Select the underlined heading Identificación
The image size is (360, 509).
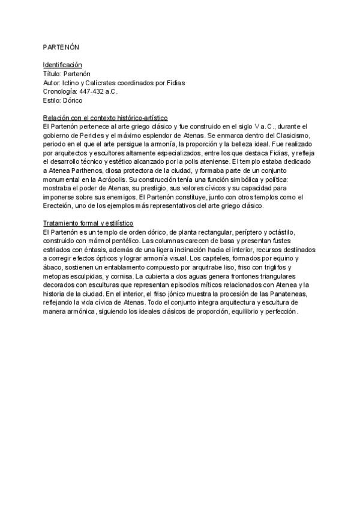pos(62,64)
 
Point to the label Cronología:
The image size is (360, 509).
pos(60,91)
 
